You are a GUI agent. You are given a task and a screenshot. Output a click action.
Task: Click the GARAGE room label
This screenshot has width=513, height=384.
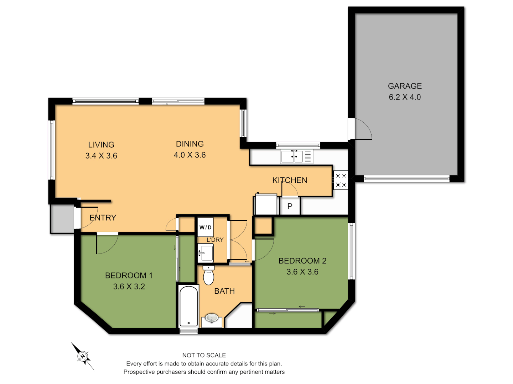pyautogui.click(x=405, y=86)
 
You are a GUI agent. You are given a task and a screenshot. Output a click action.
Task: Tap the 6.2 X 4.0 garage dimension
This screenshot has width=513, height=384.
pyautogui.click(x=405, y=97)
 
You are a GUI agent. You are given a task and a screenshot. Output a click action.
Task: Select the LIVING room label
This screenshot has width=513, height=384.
pyautogui.click(x=101, y=145)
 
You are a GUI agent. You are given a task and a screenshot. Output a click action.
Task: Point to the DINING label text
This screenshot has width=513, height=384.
pyautogui.click(x=190, y=144)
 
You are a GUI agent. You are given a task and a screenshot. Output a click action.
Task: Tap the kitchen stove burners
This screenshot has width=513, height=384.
pyautogui.click(x=341, y=180)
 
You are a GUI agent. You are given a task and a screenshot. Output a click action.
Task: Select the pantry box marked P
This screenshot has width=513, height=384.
pyautogui.click(x=290, y=207)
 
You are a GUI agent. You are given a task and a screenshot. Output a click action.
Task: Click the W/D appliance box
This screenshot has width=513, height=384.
pyautogui.click(x=206, y=227)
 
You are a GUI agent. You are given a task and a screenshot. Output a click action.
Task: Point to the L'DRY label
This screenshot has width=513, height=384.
pyautogui.click(x=215, y=240)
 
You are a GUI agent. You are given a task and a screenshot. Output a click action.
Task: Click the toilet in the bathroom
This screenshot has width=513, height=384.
pyautogui.click(x=208, y=275)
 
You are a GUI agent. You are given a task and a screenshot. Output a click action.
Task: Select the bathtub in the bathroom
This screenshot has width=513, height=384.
pyautogui.click(x=188, y=306)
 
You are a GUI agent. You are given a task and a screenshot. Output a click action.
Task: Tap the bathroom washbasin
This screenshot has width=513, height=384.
pyautogui.click(x=212, y=318)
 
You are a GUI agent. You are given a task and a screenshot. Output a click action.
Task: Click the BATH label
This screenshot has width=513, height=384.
pyautogui.click(x=224, y=291)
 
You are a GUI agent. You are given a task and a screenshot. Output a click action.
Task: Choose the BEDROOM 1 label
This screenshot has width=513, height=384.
pyautogui.click(x=129, y=276)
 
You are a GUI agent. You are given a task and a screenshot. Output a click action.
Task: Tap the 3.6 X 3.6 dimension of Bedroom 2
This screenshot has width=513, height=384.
pyautogui.click(x=302, y=272)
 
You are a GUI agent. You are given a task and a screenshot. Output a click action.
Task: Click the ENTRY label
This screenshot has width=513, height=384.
pyautogui.click(x=103, y=218)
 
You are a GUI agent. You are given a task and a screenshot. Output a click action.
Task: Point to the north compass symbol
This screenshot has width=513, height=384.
pyautogui.click(x=83, y=356)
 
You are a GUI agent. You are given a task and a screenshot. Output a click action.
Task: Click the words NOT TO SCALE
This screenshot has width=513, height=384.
pyautogui.click(x=204, y=355)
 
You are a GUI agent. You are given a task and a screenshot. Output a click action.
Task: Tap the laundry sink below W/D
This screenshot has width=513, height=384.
pyautogui.click(x=206, y=253)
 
